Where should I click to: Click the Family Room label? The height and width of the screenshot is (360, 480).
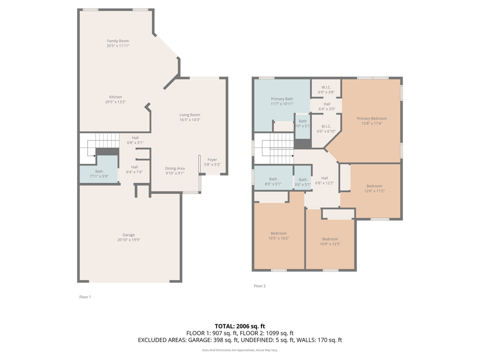point(118,41)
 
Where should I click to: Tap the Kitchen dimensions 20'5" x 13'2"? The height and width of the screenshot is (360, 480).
point(115,102)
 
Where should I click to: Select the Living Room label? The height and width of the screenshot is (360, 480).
point(190,115)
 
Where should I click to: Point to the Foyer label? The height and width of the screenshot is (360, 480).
point(212,159)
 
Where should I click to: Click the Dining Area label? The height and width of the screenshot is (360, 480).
point(175,168)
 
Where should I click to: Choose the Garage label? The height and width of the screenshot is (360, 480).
point(128,235)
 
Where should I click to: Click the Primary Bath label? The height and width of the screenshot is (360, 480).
point(281,99)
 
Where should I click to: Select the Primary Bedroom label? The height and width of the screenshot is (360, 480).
point(371,118)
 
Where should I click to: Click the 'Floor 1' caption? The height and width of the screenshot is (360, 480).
point(85,297)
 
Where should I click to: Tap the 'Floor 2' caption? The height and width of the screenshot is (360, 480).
point(259,286)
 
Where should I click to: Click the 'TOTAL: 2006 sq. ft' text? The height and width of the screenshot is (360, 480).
point(240,325)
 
